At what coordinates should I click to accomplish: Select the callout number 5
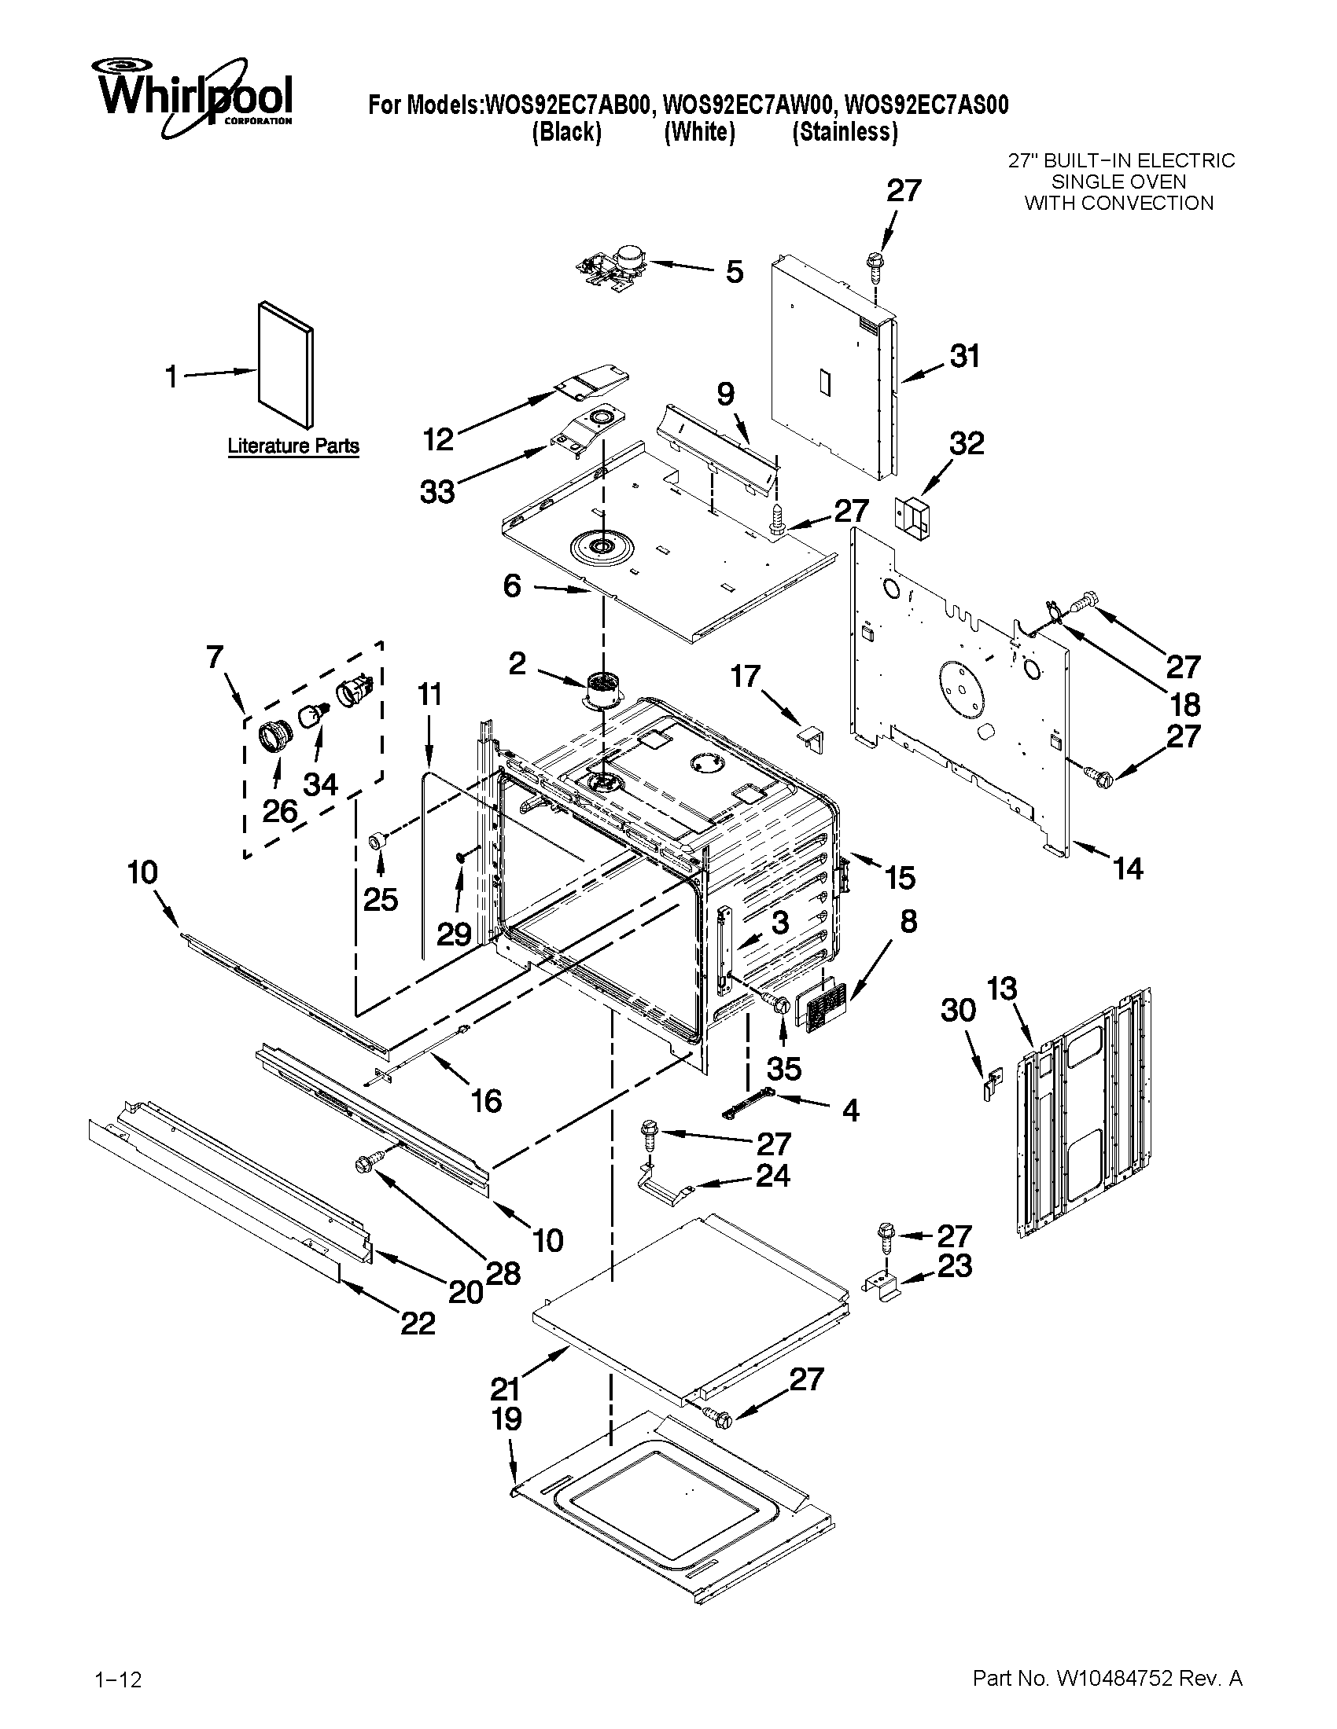click(735, 272)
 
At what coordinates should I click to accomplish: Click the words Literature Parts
click(293, 446)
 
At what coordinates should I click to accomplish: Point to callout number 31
click(964, 356)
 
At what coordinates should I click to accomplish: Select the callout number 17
click(746, 677)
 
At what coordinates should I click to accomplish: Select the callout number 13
click(1002, 989)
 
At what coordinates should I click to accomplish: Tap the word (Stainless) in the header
click(845, 132)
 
